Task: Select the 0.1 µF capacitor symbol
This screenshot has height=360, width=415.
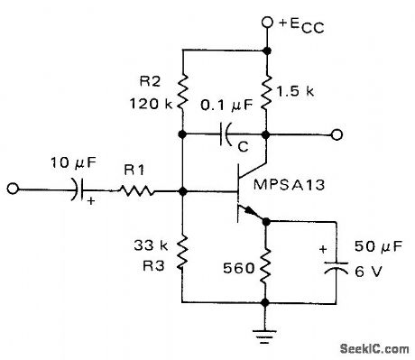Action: tap(225, 136)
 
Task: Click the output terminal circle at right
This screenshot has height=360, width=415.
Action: tap(336, 136)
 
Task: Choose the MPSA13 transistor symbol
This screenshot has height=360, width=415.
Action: tap(248, 192)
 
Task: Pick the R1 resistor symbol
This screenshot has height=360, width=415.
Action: tap(137, 191)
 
